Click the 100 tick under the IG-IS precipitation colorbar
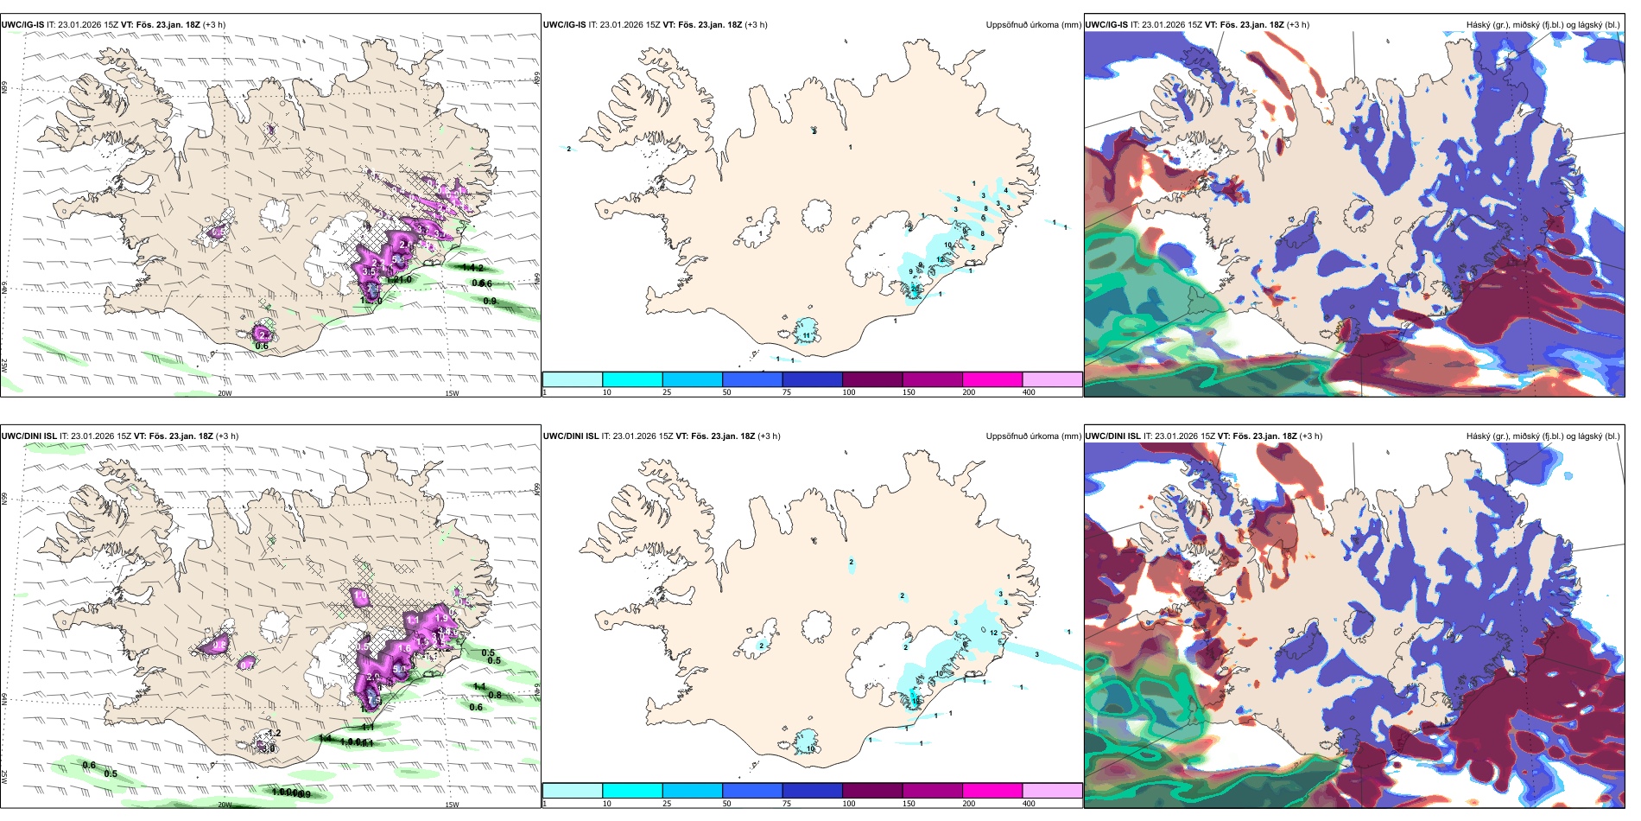coord(849,392)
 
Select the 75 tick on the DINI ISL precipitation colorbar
coord(787,804)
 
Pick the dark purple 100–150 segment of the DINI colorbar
coord(872,791)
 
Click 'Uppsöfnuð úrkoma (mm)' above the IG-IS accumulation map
coord(1033,25)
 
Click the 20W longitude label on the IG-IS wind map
coord(225,393)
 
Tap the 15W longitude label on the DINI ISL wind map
coord(451,805)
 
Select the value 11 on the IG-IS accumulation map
coord(807,335)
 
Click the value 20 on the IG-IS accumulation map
coord(916,288)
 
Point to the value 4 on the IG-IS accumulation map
coord(1005,191)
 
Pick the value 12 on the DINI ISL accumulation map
coord(994,633)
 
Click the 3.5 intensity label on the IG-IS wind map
coord(369,271)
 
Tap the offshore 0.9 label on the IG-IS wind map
coord(490,301)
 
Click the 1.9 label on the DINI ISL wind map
coord(441,618)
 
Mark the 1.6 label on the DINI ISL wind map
coord(404,648)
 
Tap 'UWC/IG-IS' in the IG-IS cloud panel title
coord(1106,25)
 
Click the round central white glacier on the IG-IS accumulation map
coord(816,214)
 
